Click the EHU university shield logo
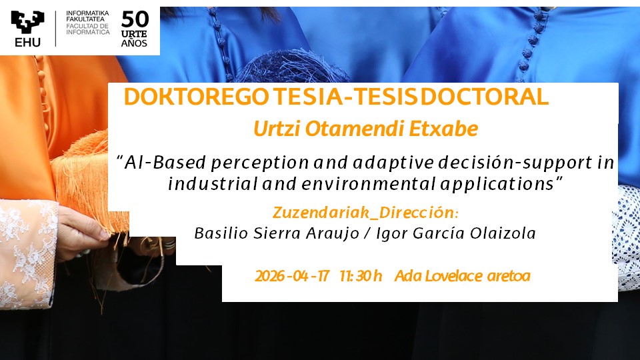tap(28, 23)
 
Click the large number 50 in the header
tap(135, 19)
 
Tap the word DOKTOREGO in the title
tap(197, 97)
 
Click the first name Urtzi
tap(277, 129)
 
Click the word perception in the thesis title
tap(259, 163)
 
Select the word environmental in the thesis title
tap(369, 184)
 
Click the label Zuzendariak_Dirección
tap(365, 213)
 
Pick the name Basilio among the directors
tap(221, 233)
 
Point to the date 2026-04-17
tap(292, 276)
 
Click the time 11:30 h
tap(361, 276)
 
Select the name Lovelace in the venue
tap(454, 276)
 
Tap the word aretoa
tap(509, 276)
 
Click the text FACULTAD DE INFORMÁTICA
tap(88, 29)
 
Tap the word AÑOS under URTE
tap(134, 43)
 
